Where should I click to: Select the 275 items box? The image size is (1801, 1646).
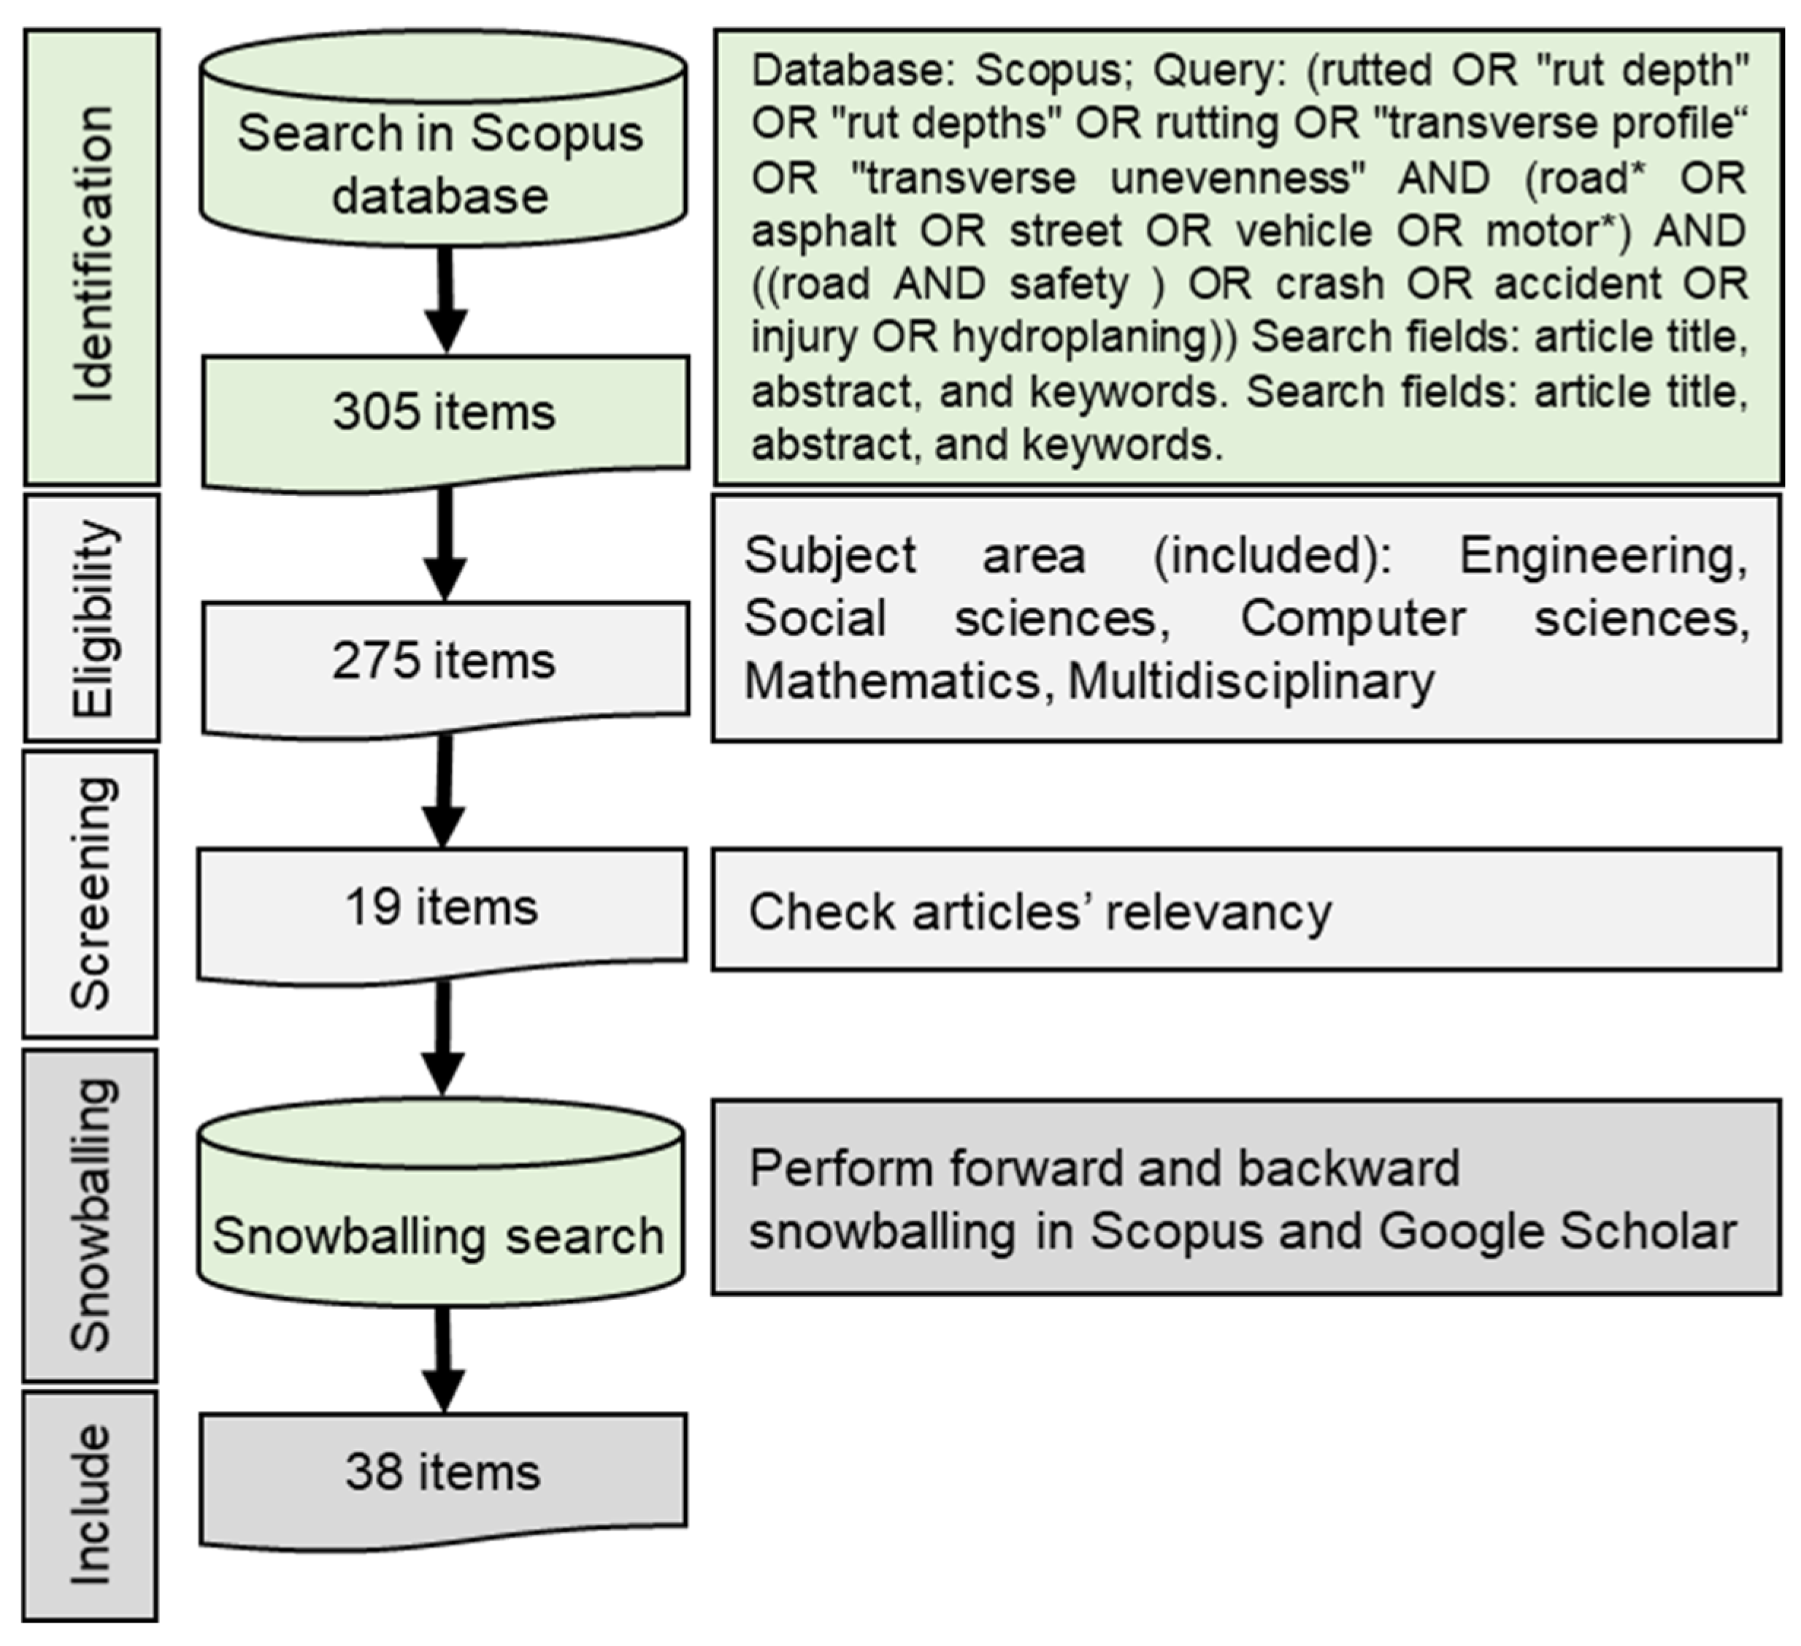click(x=444, y=662)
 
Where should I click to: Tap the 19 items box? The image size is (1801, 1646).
click(x=442, y=908)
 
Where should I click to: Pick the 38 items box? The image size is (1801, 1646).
click(x=443, y=1471)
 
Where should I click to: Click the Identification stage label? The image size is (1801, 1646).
click(x=92, y=256)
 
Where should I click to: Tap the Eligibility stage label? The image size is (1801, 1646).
click(x=92, y=618)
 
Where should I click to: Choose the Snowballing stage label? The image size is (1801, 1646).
click(x=91, y=1214)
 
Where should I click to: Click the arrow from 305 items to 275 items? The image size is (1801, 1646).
click(x=445, y=545)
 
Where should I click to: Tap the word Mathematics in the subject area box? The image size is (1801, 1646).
click(x=892, y=682)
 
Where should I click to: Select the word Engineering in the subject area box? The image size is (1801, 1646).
click(x=1602, y=556)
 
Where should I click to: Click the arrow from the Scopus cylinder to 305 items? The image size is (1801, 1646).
click(x=445, y=299)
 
